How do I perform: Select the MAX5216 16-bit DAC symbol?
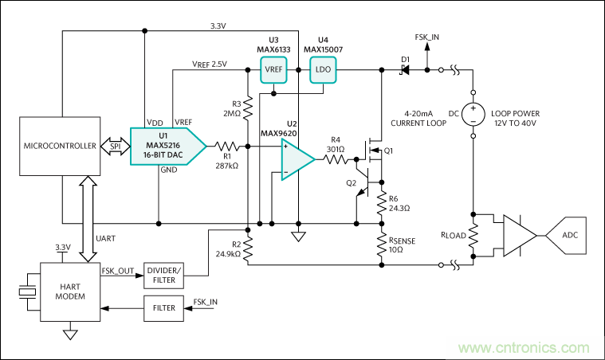pyautogui.click(x=167, y=146)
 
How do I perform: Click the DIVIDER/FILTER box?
pyautogui.click(x=166, y=275)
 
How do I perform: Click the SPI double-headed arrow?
pyautogui.click(x=117, y=147)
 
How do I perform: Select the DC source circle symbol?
pyautogui.click(x=473, y=114)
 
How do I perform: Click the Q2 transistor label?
pyautogui.click(x=351, y=182)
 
